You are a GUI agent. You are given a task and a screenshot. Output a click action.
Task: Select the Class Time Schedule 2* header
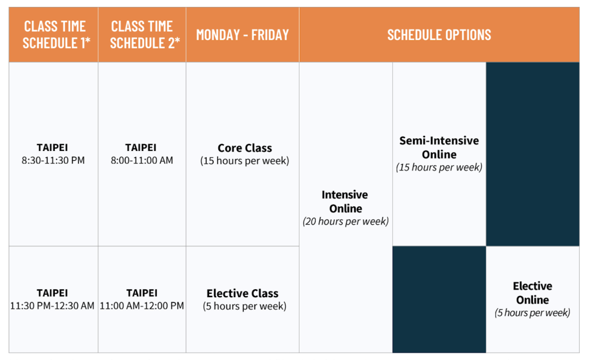[145, 35]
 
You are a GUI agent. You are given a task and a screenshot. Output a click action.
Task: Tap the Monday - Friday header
[243, 35]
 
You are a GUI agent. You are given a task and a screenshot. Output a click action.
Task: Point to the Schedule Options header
[439, 35]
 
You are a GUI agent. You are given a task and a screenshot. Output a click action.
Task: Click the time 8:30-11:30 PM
[53, 160]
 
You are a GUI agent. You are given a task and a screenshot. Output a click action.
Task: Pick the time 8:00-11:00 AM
[142, 160]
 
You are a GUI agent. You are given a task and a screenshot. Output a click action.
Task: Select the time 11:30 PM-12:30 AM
[52, 306]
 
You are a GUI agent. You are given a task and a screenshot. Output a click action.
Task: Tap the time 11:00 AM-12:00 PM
[142, 306]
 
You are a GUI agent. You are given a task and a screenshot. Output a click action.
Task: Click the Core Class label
[244, 148]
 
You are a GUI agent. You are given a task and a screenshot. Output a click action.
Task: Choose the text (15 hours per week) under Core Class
[244, 161]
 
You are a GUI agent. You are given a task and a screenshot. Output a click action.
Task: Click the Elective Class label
[243, 293]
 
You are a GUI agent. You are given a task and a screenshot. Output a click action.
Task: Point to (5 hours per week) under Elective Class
[244, 306]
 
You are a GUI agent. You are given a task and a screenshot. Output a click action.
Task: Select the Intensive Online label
[346, 201]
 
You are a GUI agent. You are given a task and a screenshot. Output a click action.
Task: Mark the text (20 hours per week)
[346, 221]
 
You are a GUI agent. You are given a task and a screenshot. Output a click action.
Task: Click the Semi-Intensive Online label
[439, 147]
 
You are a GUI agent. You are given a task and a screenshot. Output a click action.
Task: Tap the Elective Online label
[532, 293]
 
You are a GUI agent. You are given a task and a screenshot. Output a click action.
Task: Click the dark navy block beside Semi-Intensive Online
[532, 154]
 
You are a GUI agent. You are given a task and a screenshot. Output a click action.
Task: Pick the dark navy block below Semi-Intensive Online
[439, 300]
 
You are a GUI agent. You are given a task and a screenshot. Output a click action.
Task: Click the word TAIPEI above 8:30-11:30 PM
[52, 147]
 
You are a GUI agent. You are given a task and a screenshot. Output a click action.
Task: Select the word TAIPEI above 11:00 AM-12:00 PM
[142, 293]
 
